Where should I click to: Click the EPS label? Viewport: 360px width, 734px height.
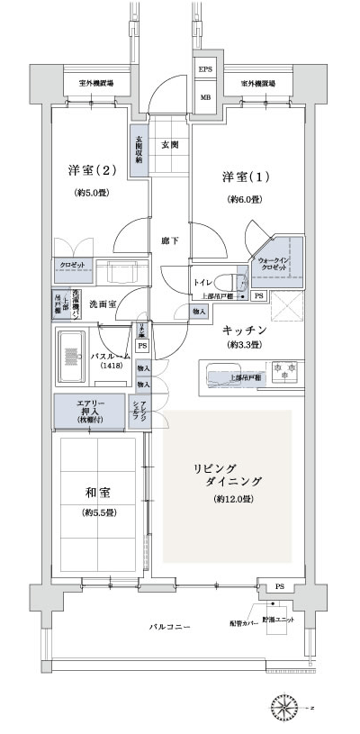click(x=205, y=68)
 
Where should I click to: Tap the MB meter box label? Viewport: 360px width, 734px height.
click(x=205, y=98)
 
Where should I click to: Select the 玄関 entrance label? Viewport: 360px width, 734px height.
click(x=169, y=144)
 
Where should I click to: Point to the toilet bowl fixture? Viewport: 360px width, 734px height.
click(x=229, y=280)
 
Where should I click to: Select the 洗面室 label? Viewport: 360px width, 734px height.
click(x=102, y=304)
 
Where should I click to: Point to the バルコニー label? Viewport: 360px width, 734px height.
click(x=169, y=626)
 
